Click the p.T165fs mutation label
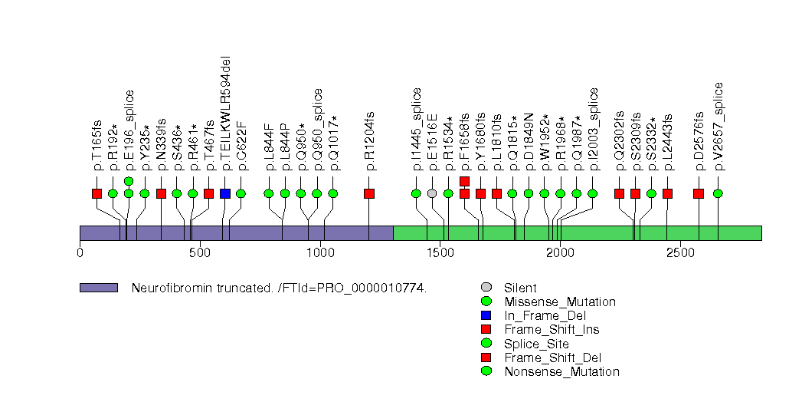pos(97,145)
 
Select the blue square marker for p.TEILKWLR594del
pos(225,193)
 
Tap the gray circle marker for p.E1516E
pos(432,193)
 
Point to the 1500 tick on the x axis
pos(440,244)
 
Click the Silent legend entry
pos(520,288)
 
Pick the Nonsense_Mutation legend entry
pos(561,371)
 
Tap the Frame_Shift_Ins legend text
pos(552,329)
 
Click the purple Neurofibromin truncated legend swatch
pos(99,288)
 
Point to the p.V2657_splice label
pos(718,126)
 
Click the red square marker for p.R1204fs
pos(369,193)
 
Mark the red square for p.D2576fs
pos(699,193)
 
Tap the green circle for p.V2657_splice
pos(718,193)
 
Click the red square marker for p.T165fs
pos(97,193)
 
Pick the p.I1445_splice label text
pos(416,129)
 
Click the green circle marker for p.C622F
pos(241,193)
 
